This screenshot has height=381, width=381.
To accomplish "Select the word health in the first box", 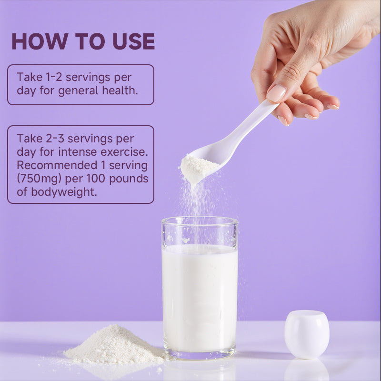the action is (x=120, y=90).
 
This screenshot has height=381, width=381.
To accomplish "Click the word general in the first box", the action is (x=78, y=91).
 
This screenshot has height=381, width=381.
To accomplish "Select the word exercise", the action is (x=124, y=152).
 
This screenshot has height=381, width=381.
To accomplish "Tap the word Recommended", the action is (x=57, y=165).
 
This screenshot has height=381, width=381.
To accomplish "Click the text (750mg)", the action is (x=39, y=179).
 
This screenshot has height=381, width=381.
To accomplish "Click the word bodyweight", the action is (x=64, y=192).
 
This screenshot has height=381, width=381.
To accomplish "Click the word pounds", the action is (x=129, y=179).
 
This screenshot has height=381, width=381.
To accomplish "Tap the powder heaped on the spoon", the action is (x=198, y=168).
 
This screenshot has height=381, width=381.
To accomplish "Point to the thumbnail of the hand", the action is (x=276, y=93).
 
